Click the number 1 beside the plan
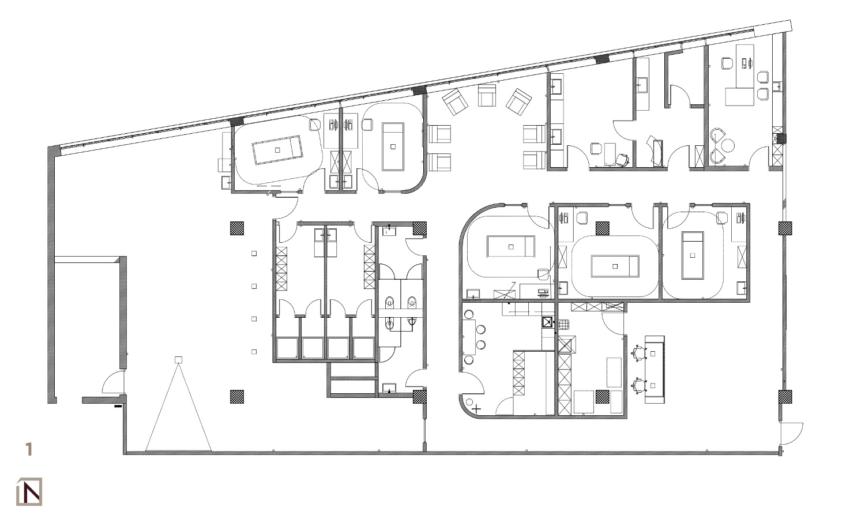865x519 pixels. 28,449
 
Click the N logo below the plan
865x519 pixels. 29,492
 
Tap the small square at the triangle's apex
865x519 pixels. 178,360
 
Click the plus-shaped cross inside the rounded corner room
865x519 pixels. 476,408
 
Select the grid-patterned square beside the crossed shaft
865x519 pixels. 563,324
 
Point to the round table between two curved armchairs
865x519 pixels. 728,145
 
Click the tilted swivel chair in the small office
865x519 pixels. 622,160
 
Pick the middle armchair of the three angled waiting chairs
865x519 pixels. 487,95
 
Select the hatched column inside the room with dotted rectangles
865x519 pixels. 602,397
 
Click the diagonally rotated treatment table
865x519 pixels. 277,150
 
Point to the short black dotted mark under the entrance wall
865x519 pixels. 118,406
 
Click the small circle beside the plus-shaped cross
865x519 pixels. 469,402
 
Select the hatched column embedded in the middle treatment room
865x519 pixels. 602,228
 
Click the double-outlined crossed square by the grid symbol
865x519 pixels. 547,322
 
